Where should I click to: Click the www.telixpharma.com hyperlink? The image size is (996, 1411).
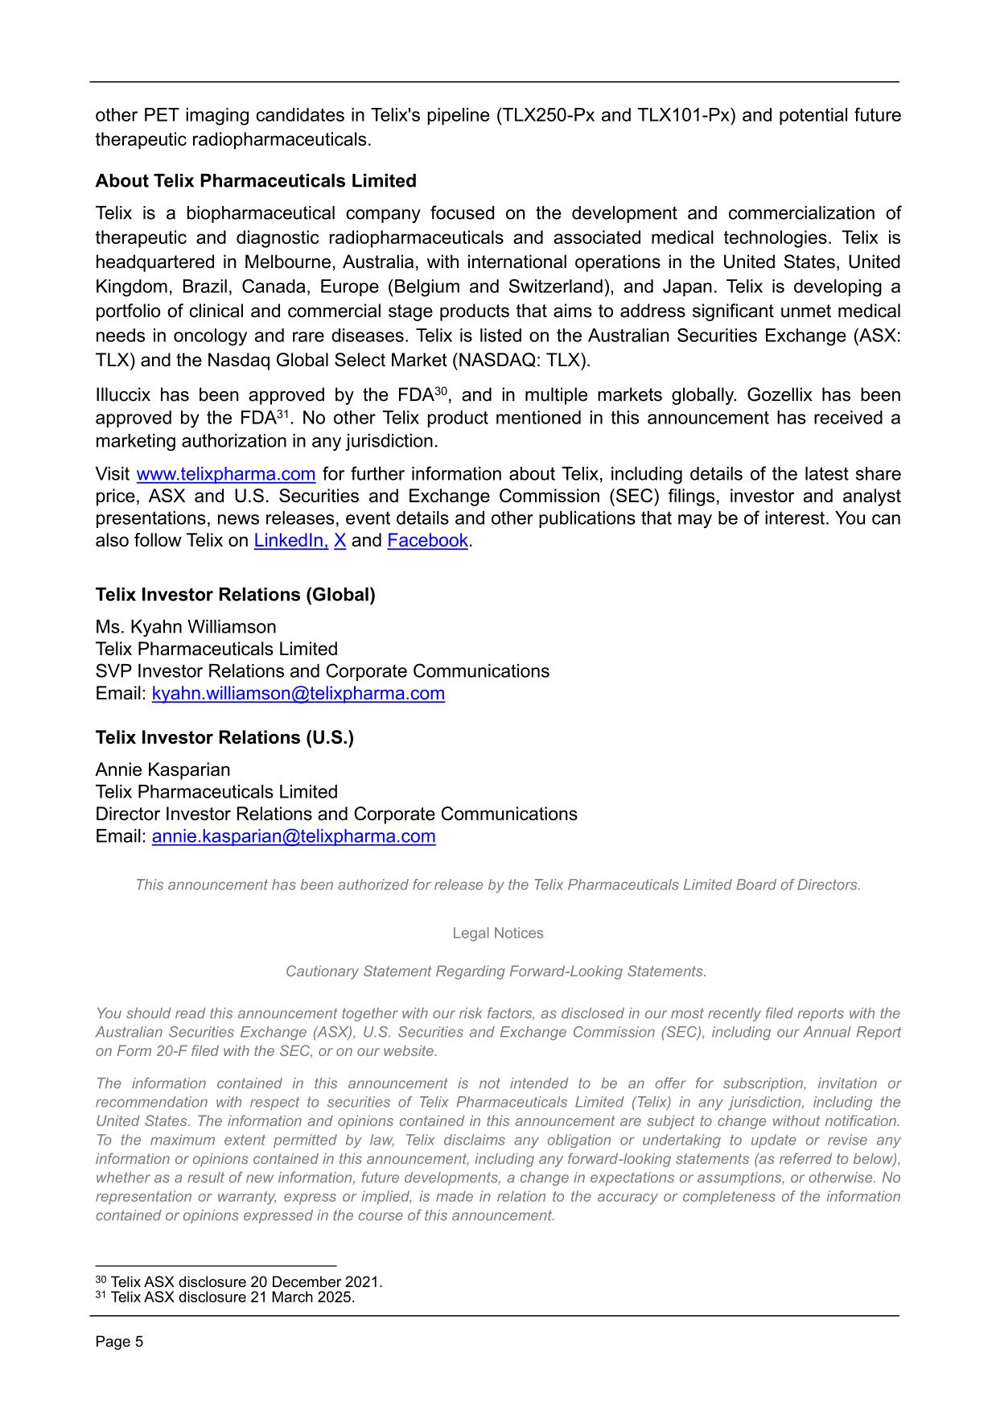(x=226, y=474)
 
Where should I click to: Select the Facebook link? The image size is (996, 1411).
(x=427, y=541)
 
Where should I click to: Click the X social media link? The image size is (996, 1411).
(x=340, y=541)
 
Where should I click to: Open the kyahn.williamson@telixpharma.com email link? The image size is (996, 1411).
(x=298, y=694)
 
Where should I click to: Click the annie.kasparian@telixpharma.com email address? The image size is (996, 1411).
(x=294, y=836)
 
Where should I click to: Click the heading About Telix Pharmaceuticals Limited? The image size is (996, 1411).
(x=256, y=181)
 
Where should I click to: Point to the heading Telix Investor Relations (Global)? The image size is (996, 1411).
(x=235, y=595)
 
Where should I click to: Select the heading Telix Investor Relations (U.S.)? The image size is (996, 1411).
(x=224, y=738)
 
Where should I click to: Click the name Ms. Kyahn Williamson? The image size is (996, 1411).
(x=186, y=627)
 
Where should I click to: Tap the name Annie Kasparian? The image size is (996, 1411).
(x=163, y=769)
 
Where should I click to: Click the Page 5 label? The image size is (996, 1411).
(x=119, y=1342)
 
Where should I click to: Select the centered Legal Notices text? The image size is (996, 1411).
(x=498, y=934)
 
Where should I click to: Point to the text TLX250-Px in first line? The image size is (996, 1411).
(x=546, y=115)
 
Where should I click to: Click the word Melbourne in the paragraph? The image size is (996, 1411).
(x=292, y=262)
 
